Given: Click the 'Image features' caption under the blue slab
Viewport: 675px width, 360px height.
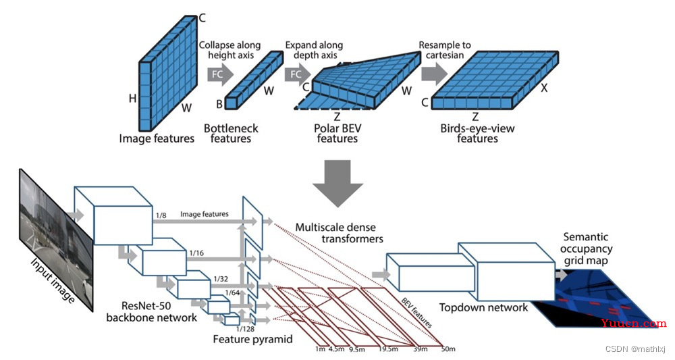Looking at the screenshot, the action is (157, 138).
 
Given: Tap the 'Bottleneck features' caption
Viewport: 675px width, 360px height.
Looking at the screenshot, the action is (231, 134).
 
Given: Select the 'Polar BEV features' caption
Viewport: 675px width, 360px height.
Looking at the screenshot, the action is (337, 134).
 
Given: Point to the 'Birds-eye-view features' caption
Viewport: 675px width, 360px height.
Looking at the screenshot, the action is (477, 134).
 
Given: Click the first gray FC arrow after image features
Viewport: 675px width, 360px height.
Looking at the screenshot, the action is (220, 74).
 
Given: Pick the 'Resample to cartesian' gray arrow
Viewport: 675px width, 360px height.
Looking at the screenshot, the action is (434, 73).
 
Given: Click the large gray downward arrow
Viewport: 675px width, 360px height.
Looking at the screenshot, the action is (338, 184).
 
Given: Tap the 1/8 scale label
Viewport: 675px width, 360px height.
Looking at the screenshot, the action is (161, 215).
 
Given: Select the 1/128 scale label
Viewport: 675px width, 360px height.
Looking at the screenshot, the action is (246, 329).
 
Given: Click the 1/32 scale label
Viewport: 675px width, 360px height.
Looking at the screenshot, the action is (221, 279).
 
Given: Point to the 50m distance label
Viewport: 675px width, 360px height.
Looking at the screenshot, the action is (448, 349).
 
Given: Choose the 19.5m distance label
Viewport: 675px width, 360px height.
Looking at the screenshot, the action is (388, 349).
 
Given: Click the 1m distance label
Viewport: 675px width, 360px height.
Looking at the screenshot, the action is (320, 349).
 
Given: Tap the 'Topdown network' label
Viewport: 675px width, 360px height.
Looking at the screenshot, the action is (483, 307).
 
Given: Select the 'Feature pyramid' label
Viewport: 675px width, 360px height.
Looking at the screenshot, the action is (252, 339).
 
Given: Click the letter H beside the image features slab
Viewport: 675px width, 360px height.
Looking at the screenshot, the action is (132, 99).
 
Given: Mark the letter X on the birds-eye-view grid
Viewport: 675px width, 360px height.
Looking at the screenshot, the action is (544, 88).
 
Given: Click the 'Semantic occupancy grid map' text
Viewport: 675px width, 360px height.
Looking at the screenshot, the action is (586, 249).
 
